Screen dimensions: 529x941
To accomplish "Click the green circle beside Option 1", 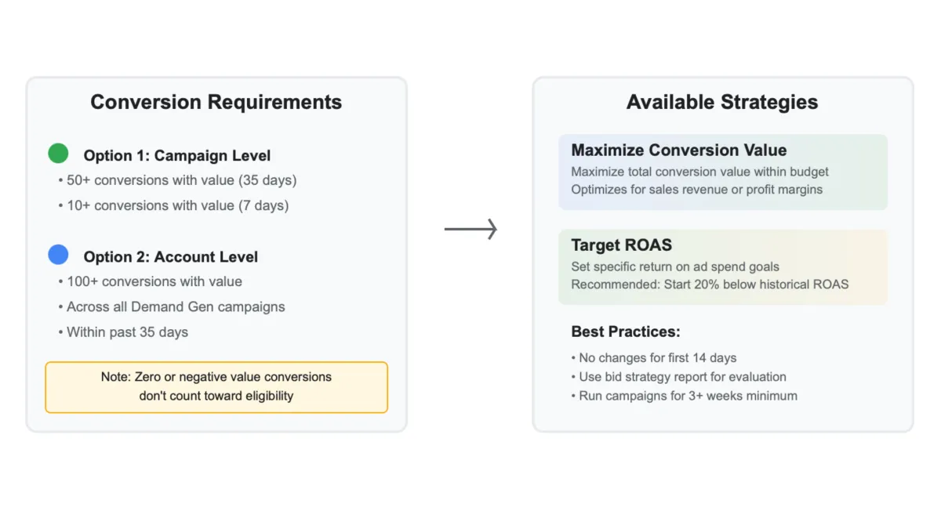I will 58,154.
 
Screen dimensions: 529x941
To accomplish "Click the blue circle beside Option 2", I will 58,255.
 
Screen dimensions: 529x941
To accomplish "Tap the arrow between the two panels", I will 470,229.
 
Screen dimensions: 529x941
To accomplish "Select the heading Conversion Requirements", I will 216,103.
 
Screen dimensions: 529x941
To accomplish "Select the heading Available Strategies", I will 721,103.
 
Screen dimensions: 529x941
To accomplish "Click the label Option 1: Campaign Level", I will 177,156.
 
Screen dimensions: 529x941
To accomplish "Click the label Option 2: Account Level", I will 170,257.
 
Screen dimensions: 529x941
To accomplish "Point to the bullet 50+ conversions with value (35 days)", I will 178,180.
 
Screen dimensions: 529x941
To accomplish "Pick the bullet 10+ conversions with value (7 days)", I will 174,205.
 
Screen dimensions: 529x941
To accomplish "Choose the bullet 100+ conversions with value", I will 151,281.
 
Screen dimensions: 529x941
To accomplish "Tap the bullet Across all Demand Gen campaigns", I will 172,306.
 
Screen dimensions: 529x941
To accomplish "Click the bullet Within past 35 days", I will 124,332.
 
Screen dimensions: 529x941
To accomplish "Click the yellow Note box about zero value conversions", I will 216,386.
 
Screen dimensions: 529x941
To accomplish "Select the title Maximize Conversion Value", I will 678,150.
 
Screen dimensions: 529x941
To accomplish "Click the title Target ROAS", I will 621,245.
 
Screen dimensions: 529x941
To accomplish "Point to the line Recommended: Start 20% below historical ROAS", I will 710,284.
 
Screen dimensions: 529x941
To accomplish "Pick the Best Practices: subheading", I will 624,332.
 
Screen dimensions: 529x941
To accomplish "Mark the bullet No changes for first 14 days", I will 655,358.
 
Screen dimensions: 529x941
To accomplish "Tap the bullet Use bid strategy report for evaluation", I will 679,377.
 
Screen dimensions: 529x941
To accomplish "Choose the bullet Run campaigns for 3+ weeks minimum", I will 685,396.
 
